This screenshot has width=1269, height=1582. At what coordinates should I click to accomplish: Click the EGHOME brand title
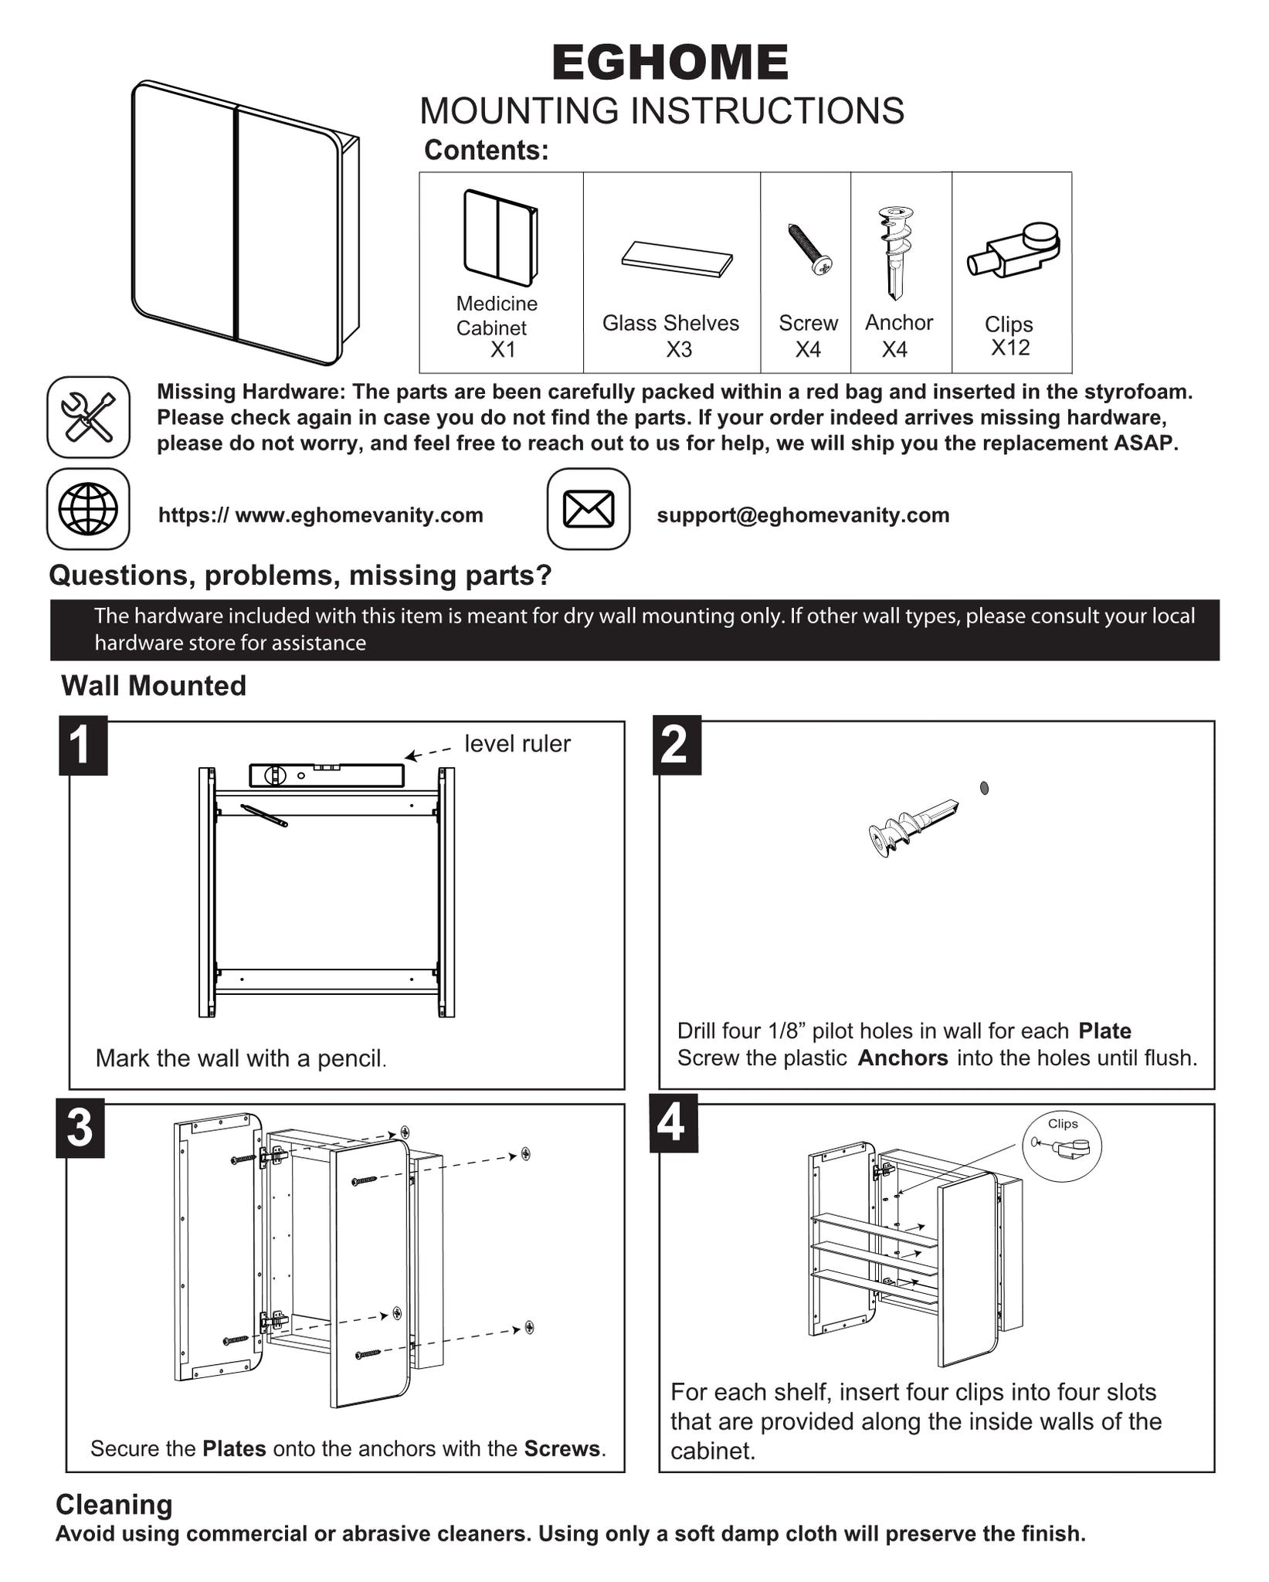pos(670,63)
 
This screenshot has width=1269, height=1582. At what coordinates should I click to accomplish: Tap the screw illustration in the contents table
pos(809,249)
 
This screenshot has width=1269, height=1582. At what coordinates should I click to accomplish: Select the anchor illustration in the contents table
pos(895,252)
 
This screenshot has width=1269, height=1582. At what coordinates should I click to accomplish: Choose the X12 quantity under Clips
pos(1010,348)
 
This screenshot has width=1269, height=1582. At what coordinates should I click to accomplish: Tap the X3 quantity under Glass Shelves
pos(679,350)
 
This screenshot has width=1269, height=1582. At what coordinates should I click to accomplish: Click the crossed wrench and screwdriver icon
pos(88,417)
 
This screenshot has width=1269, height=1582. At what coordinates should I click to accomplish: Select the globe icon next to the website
pos(88,509)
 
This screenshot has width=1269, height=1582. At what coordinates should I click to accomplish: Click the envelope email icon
pos(589,509)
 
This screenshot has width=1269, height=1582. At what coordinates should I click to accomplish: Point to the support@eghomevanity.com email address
pos(802,515)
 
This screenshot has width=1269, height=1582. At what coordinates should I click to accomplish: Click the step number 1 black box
pos(83,745)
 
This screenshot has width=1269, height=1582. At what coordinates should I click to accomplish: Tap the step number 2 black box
pos(677,745)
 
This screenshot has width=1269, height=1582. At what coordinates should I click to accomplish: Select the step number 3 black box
pos(80,1129)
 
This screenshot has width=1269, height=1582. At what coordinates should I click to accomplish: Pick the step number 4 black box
pos(673,1123)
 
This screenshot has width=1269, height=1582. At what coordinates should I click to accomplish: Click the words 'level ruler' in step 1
pos(517,744)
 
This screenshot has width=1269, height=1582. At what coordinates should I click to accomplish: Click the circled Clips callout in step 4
pos(1062,1146)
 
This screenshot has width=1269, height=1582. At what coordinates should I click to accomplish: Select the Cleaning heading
pos(114,1505)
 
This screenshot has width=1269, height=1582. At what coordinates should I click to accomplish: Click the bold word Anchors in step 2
pos(902,1057)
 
